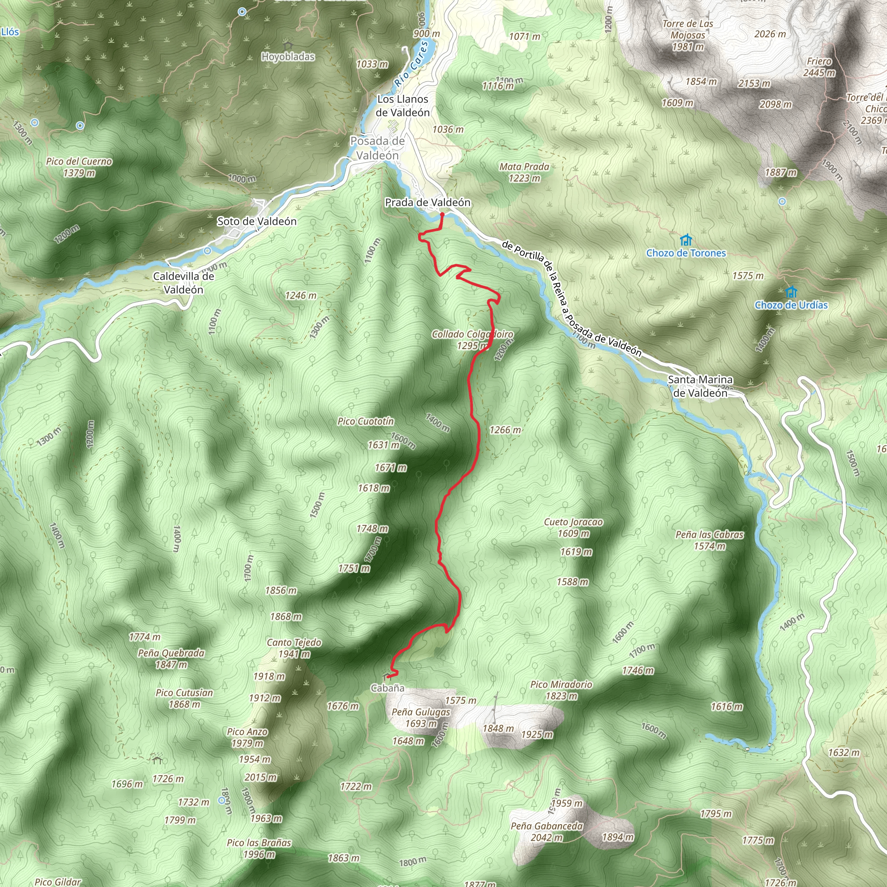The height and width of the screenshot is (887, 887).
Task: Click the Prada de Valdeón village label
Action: click(427, 202)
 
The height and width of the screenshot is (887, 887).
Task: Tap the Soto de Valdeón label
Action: click(257, 221)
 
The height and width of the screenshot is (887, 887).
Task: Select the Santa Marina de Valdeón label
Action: click(700, 386)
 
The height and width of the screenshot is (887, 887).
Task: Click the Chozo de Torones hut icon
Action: click(686, 240)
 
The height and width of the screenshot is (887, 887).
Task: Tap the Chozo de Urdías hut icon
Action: click(790, 292)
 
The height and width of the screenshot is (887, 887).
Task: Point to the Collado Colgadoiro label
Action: click(472, 334)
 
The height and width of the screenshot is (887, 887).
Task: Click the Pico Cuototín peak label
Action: click(366, 421)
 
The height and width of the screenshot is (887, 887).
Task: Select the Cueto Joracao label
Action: click(573, 522)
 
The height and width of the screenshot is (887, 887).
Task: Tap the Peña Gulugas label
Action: click(421, 712)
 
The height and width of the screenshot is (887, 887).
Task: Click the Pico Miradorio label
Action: click(561, 685)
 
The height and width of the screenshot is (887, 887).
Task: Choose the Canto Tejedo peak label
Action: click(294, 642)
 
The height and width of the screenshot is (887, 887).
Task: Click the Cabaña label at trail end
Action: click(388, 688)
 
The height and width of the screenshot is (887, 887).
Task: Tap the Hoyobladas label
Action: click(288, 56)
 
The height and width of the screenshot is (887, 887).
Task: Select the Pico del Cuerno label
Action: click(79, 162)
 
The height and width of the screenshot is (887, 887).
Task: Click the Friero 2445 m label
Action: click(819, 67)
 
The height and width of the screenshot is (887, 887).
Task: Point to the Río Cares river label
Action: click(411, 64)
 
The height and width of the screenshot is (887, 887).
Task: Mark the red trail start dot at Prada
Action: click(442, 214)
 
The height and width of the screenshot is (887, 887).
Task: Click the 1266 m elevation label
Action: click(505, 430)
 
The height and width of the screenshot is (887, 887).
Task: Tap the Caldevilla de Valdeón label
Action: click(183, 283)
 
